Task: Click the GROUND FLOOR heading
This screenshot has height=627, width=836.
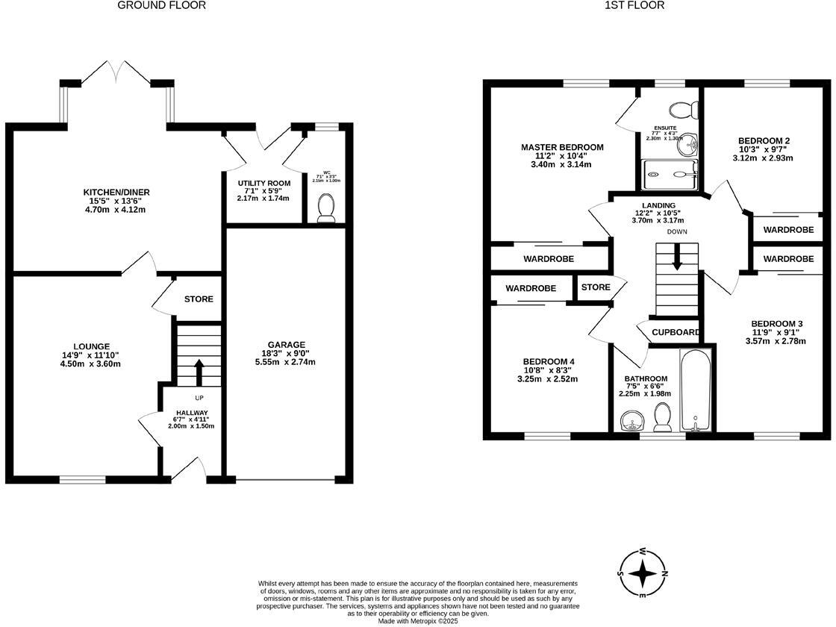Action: pos(161,5)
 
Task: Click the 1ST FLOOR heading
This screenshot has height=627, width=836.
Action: pos(635,5)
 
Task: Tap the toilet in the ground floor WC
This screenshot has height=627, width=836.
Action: pos(326,208)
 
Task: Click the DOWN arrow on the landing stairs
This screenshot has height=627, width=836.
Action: pos(677,258)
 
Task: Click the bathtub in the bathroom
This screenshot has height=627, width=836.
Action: pos(697,391)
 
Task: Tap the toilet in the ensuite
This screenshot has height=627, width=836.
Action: pos(683,110)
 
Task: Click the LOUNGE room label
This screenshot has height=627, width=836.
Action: pos(92,346)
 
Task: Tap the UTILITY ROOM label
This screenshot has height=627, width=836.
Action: pos(263,183)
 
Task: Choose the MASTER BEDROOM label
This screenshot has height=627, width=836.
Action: pos(561,147)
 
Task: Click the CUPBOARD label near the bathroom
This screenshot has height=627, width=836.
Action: pos(676,332)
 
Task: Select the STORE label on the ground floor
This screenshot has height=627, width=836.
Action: pos(199,299)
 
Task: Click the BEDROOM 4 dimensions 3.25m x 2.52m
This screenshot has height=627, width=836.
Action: pos(548,379)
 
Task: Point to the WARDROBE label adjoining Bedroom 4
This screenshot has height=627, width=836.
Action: pos(531,288)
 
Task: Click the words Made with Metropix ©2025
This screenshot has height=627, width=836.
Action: pos(418,621)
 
